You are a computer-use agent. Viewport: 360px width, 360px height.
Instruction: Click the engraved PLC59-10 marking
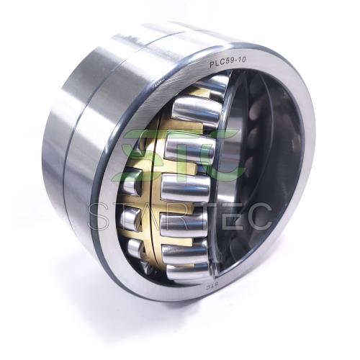click(228, 63)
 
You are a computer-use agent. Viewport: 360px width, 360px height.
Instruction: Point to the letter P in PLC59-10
click(212, 65)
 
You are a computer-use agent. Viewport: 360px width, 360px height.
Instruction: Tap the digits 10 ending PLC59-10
click(242, 60)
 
